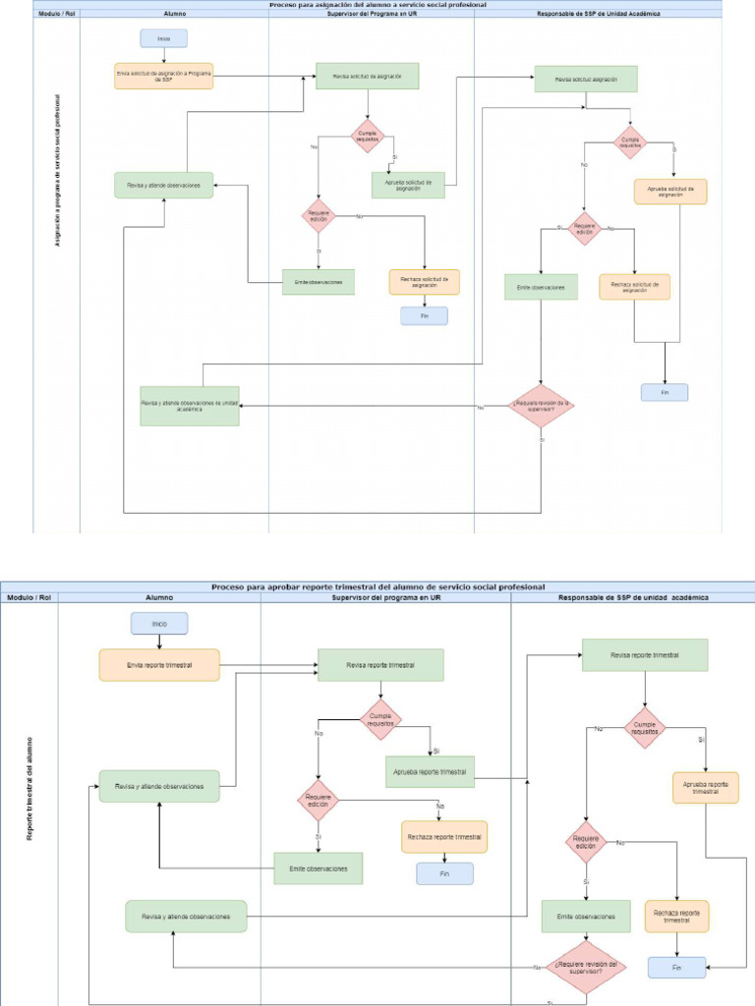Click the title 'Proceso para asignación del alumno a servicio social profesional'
point(377,5)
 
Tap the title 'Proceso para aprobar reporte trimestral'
point(377,587)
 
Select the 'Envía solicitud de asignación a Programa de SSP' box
point(163,76)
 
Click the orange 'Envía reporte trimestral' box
point(159,665)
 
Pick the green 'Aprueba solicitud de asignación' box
point(408,185)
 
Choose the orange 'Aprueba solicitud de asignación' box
point(670,192)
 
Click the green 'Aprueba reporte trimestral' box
point(430,771)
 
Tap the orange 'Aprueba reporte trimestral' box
point(705,788)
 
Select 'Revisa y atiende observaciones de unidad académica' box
point(190,405)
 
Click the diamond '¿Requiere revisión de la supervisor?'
point(541,405)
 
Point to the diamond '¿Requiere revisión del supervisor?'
point(586,967)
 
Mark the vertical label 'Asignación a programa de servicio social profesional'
point(57,170)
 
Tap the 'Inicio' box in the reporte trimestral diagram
point(159,623)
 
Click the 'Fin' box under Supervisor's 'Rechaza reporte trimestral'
point(444,873)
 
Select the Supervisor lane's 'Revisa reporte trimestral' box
point(380,665)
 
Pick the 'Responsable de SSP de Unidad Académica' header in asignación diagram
point(598,15)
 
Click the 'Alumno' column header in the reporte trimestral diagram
point(159,596)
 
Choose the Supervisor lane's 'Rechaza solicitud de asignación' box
point(425,282)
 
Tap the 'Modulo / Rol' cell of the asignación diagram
point(56,15)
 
